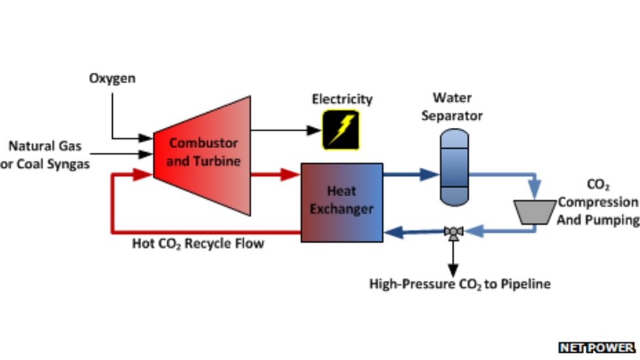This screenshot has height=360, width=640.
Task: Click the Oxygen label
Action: [112, 79]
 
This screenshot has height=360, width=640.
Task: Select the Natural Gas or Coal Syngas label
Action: [45, 155]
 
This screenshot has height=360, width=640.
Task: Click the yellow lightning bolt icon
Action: [341, 130]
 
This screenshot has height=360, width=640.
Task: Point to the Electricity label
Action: [342, 99]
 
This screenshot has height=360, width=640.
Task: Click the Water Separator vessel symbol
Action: [454, 167]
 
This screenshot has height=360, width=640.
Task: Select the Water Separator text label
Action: [452, 107]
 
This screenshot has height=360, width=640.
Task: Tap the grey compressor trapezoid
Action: [535, 212]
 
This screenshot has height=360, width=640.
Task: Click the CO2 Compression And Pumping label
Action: [597, 203]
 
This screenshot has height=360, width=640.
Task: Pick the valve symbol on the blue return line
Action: [453, 232]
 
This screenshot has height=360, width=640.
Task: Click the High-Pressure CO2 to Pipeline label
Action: [460, 284]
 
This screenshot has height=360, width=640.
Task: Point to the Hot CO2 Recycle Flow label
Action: [198, 243]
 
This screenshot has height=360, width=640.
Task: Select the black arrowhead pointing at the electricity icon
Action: [314, 130]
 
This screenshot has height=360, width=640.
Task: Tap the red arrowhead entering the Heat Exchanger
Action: [290, 174]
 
